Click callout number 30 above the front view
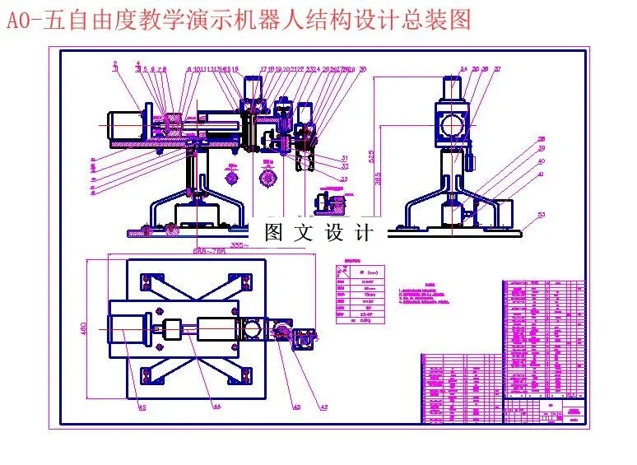point(364,69)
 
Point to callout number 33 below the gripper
point(343,179)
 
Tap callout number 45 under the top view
point(141,407)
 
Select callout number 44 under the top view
point(216,406)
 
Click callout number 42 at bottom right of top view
point(323,407)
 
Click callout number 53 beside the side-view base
point(540,215)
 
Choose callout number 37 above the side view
point(497,69)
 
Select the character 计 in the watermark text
point(364,233)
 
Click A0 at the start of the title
point(17,20)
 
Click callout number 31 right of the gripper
point(344,158)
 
